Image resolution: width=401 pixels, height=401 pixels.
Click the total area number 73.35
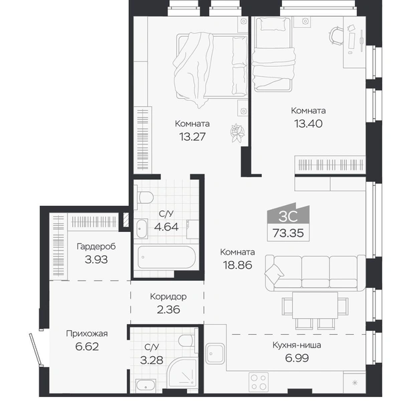point(288,233)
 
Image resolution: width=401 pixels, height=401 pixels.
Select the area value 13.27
point(192,137)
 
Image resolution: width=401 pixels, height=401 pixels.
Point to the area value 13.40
point(308,124)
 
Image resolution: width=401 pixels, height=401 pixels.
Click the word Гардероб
point(96,247)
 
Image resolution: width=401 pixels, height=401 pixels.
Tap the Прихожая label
point(87,333)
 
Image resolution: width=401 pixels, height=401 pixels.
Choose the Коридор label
point(168,297)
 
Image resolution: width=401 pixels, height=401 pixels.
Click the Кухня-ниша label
point(297,346)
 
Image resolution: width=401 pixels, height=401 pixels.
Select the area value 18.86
point(237,265)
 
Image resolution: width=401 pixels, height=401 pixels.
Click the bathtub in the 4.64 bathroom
point(166,257)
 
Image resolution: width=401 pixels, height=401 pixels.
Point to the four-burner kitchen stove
point(258,382)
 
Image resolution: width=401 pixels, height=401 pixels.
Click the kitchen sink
point(215,354)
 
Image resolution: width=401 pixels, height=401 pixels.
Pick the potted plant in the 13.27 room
point(237,133)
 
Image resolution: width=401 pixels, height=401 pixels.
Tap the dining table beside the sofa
point(315,305)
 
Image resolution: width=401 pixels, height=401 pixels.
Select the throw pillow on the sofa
point(274,273)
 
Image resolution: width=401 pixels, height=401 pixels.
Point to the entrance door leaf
point(35,350)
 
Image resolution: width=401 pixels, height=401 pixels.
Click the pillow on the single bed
point(273,24)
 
